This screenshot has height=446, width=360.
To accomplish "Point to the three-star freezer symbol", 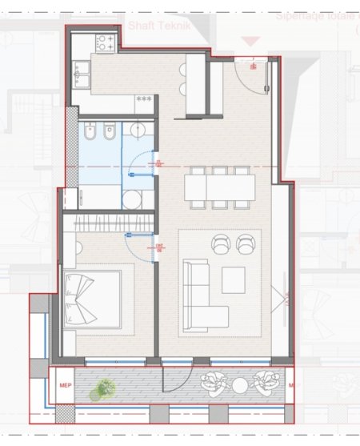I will coord(144,98).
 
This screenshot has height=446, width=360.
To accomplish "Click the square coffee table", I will coord(234,279).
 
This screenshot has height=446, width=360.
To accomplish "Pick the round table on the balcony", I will coord(240,386).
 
